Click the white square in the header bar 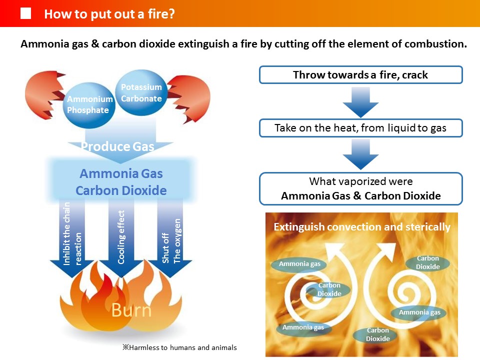25,13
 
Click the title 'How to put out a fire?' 109,14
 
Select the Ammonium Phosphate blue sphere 89,105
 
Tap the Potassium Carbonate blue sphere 141,93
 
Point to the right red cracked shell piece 190,98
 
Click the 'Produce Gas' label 117,146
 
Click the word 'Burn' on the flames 131,310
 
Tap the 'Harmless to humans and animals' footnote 179,347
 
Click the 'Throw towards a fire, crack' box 361,74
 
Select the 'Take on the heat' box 361,128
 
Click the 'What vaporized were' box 361,188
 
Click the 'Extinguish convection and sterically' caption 362,227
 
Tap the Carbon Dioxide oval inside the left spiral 329,289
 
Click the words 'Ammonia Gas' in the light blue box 121,173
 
